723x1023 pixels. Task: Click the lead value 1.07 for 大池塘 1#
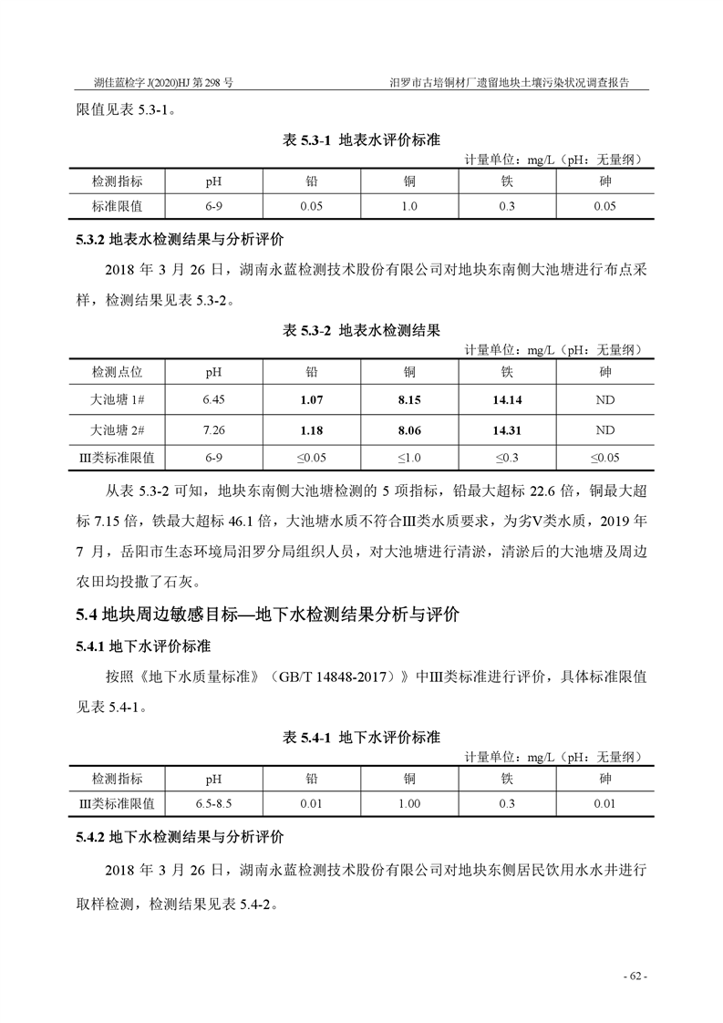pos(312,399)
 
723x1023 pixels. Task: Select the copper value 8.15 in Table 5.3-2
pos(409,399)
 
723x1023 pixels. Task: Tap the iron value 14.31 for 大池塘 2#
pos(507,429)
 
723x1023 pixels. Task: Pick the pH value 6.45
pos(213,399)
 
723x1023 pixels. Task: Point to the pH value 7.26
pos(213,429)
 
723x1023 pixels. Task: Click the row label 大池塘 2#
pos(118,429)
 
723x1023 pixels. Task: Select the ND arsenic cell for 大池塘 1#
pos(604,399)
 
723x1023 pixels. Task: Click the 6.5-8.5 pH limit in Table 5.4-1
pos(213,804)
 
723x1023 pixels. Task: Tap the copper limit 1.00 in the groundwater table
pos(409,804)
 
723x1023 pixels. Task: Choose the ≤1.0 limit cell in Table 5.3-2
pos(409,458)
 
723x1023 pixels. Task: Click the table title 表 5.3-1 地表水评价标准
pos(362,141)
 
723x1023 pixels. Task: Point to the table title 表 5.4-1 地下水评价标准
pos(362,737)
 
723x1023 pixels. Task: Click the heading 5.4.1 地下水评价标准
pos(143,646)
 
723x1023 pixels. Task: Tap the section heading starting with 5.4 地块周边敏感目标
pos(267,615)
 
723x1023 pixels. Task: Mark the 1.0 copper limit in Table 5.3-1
pos(409,207)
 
